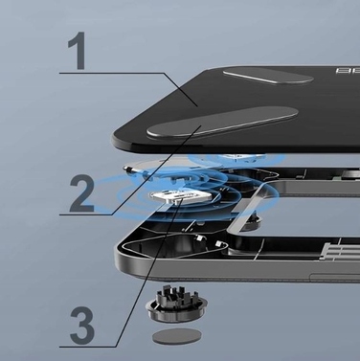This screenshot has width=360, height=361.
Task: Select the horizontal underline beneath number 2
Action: tap(91, 214)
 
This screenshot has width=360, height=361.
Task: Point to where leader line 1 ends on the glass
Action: tap(195, 102)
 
